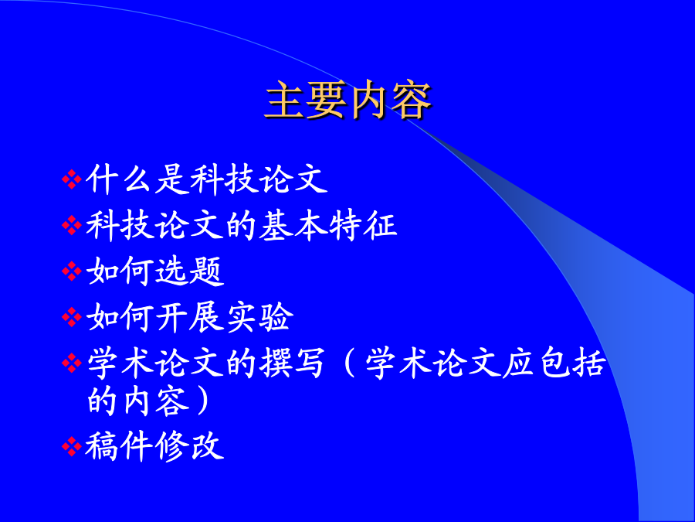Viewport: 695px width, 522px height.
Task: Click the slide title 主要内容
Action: click(x=348, y=101)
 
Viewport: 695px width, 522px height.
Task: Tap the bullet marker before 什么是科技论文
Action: click(x=72, y=179)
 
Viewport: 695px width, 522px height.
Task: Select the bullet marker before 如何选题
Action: click(x=72, y=271)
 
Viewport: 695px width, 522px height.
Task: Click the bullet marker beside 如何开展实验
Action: click(x=72, y=317)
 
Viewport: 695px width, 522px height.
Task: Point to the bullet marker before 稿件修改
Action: click(x=72, y=446)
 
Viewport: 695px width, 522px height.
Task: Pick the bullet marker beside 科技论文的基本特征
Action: click(x=72, y=226)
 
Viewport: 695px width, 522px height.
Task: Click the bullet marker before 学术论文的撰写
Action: click(x=72, y=363)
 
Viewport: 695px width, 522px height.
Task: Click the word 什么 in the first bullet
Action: click(x=119, y=179)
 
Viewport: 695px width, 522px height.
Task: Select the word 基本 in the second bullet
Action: click(x=293, y=226)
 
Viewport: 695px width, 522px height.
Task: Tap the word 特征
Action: click(x=363, y=226)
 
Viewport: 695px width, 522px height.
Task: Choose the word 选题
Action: click(x=189, y=271)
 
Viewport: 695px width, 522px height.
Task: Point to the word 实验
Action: click(x=259, y=317)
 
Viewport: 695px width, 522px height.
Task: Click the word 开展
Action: click(x=189, y=317)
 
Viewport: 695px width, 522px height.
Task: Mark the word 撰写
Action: click(x=293, y=363)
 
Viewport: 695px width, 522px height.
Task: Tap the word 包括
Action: click(x=571, y=363)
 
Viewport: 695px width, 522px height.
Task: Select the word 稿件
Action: click(x=119, y=446)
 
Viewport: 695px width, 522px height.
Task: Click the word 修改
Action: click(x=189, y=446)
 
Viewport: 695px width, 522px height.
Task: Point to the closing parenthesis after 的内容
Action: click(x=203, y=400)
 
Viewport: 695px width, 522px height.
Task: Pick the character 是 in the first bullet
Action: click(x=171, y=179)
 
